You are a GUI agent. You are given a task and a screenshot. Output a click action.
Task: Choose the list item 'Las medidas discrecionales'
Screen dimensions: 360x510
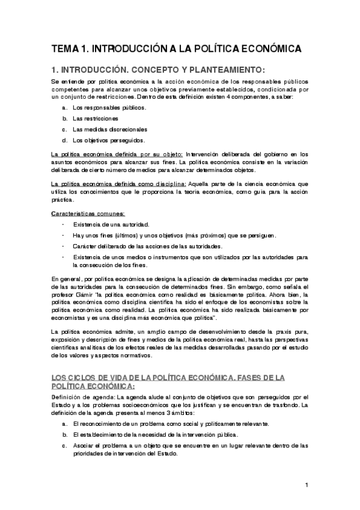109,129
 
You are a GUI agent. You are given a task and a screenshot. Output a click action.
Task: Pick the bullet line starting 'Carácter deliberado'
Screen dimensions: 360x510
147,246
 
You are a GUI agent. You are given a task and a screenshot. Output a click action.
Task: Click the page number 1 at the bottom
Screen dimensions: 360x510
306,485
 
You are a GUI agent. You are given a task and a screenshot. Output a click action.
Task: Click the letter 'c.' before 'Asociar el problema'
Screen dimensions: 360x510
64,446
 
